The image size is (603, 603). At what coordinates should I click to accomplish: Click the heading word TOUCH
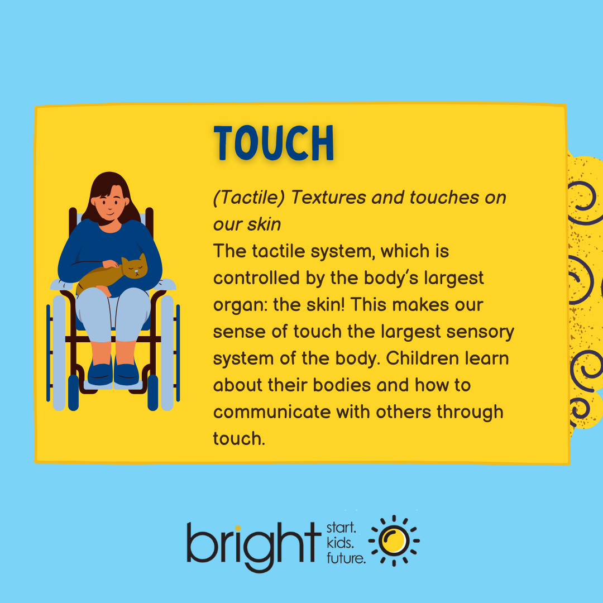(x=274, y=144)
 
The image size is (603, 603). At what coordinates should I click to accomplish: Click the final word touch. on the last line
(x=238, y=438)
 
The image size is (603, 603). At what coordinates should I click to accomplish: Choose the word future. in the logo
(x=345, y=557)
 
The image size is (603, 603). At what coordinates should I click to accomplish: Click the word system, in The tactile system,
(x=337, y=251)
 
